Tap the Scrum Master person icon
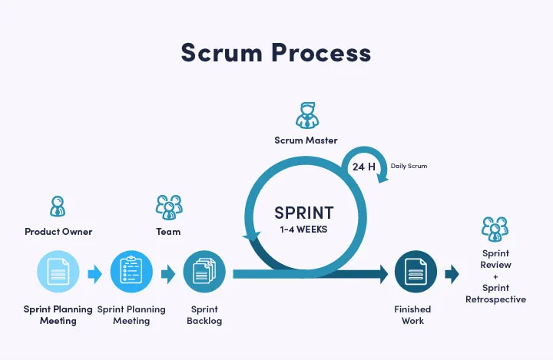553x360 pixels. coord(306,115)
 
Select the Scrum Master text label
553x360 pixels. coord(306,140)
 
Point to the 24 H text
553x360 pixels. coord(364,167)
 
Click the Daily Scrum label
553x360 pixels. coord(409,166)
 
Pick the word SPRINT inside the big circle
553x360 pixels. coord(305,211)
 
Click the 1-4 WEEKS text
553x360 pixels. coord(305,229)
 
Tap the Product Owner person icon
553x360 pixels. coord(58,206)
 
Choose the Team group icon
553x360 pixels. coord(168,206)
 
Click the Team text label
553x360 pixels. coord(168,232)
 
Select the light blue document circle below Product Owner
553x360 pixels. coord(58,272)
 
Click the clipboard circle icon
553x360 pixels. coord(131,272)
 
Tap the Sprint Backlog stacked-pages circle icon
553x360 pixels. coord(204,272)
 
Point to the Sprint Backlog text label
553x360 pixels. coord(204,315)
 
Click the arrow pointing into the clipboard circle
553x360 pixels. coord(94,273)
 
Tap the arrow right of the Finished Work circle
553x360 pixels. coord(452,273)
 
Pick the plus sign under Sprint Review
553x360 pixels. coord(495,276)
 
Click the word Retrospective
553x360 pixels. coord(495,299)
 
